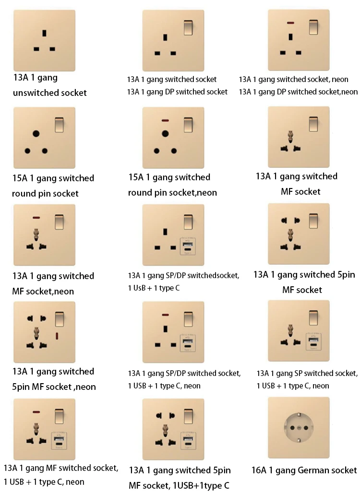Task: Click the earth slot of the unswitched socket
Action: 45,34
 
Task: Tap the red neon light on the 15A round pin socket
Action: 165,120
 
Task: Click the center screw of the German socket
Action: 299,427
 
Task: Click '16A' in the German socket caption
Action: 260,470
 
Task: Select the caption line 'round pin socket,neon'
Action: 172,192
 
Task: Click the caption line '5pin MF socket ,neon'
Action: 54,387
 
